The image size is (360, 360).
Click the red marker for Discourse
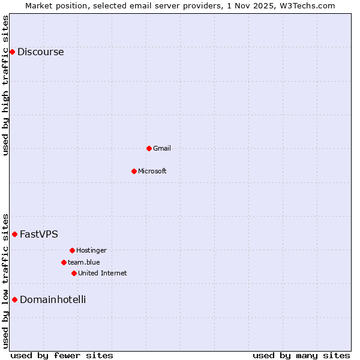point(12,52)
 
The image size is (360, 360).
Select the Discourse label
point(40,52)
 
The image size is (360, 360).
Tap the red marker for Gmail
point(149,148)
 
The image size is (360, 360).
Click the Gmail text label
point(161,149)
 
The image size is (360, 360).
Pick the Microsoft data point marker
point(134,171)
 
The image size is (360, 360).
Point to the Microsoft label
point(152,172)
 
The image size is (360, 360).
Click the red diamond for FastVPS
point(14,234)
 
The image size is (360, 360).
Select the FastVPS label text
point(38,235)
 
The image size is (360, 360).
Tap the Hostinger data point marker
point(72,250)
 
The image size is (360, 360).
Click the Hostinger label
point(91,251)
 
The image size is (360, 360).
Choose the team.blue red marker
point(64,262)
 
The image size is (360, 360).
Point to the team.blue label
point(83,263)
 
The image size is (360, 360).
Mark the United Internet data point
point(74,273)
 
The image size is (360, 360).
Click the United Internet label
point(102,274)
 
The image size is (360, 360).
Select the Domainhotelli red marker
point(14,299)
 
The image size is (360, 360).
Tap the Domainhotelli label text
point(53,300)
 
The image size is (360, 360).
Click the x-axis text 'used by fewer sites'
point(62,355)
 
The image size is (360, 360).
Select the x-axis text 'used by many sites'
point(301,355)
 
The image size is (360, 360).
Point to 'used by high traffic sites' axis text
point(6,85)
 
